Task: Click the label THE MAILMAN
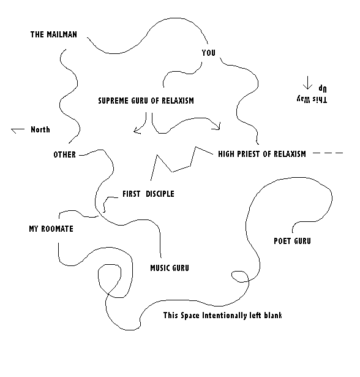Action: [x=53, y=34]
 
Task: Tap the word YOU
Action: [x=208, y=53]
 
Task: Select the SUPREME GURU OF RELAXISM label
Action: [x=146, y=101]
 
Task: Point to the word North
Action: [x=40, y=129]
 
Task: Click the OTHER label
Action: [x=65, y=154]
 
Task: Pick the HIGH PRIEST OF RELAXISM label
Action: [x=262, y=154]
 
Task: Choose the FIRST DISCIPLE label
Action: [x=148, y=194]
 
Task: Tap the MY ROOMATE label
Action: [x=51, y=229]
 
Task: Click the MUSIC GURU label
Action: [x=170, y=268]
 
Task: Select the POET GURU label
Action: [x=292, y=241]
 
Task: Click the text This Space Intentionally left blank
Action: [x=223, y=315]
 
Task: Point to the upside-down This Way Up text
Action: [x=312, y=94]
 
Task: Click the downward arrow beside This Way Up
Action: [x=307, y=83]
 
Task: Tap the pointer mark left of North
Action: [x=18, y=130]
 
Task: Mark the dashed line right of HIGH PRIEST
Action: [x=328, y=153]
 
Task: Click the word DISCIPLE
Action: [x=160, y=194]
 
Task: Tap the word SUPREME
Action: [x=113, y=101]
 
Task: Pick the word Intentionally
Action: [x=225, y=315]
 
